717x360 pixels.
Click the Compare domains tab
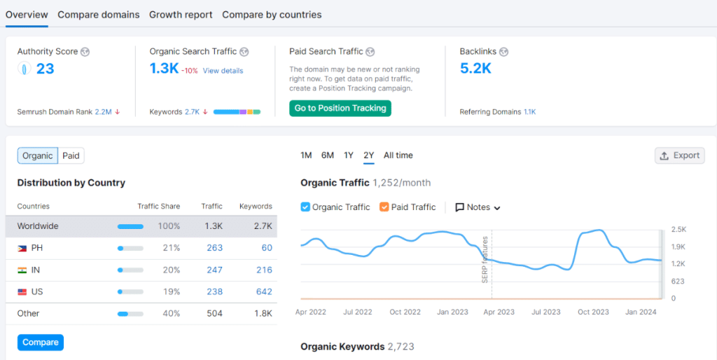coord(99,15)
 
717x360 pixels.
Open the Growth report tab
coord(181,15)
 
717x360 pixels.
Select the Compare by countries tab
coord(272,15)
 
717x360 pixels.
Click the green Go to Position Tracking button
coord(340,108)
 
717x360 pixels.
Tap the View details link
coord(223,71)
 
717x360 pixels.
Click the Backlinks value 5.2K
coord(475,69)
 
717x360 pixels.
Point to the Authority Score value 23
coord(45,69)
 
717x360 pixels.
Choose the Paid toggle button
coord(71,155)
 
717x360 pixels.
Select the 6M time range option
coord(328,155)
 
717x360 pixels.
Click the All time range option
coord(398,155)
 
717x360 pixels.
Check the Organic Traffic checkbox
coord(305,207)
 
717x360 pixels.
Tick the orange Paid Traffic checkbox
coord(384,207)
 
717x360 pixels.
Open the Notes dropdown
coord(478,207)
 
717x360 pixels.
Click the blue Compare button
coord(41,342)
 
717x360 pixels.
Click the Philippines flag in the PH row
coord(21,249)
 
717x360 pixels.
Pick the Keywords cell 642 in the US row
coord(264,292)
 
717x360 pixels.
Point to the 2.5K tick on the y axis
coord(678,230)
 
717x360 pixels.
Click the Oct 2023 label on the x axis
coord(593,312)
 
